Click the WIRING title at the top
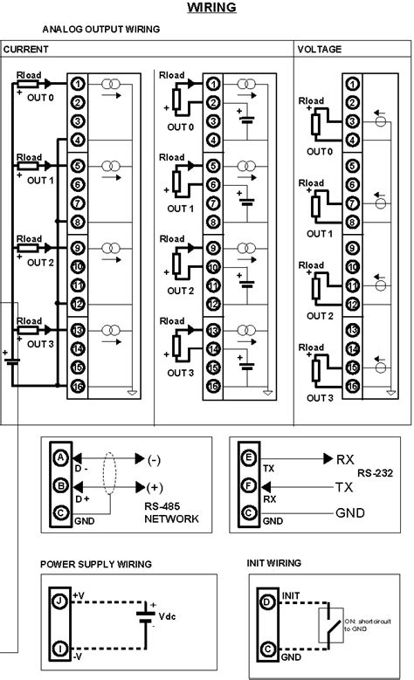(x=212, y=9)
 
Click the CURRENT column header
(x=25, y=50)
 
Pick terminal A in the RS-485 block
(x=60, y=457)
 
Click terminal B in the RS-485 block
(x=60, y=484)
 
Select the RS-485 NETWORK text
(x=170, y=512)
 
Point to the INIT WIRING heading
(x=275, y=564)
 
